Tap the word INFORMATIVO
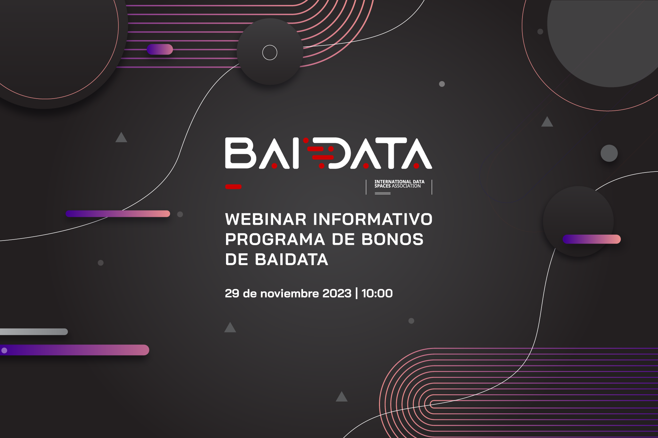373,219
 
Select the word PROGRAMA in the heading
275,240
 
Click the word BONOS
392,240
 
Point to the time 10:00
377,293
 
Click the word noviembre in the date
290,293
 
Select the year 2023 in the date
337,293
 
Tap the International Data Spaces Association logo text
399,184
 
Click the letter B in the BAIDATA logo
240,153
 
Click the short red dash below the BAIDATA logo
233,187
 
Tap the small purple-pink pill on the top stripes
160,49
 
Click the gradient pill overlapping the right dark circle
592,239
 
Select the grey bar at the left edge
34,332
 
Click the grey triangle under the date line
230,328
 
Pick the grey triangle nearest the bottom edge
342,397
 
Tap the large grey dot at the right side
609,153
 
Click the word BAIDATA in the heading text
291,260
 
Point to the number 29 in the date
232,293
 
